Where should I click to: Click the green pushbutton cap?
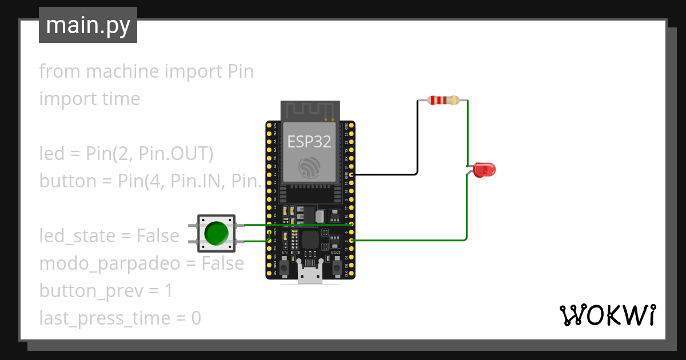pyautogui.click(x=216, y=233)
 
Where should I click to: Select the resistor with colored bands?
pyautogui.click(x=443, y=101)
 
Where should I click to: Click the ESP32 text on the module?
pyautogui.click(x=309, y=142)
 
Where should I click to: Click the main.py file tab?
pyautogui.click(x=88, y=25)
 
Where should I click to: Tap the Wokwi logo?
pyautogui.click(x=607, y=315)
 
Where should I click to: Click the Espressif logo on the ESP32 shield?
pyautogui.click(x=309, y=167)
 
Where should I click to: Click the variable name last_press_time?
pyautogui.click(x=105, y=318)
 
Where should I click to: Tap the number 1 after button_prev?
pyautogui.click(x=168, y=291)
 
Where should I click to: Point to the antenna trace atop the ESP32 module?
pyautogui.click(x=309, y=109)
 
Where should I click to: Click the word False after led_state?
pyautogui.click(x=157, y=236)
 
